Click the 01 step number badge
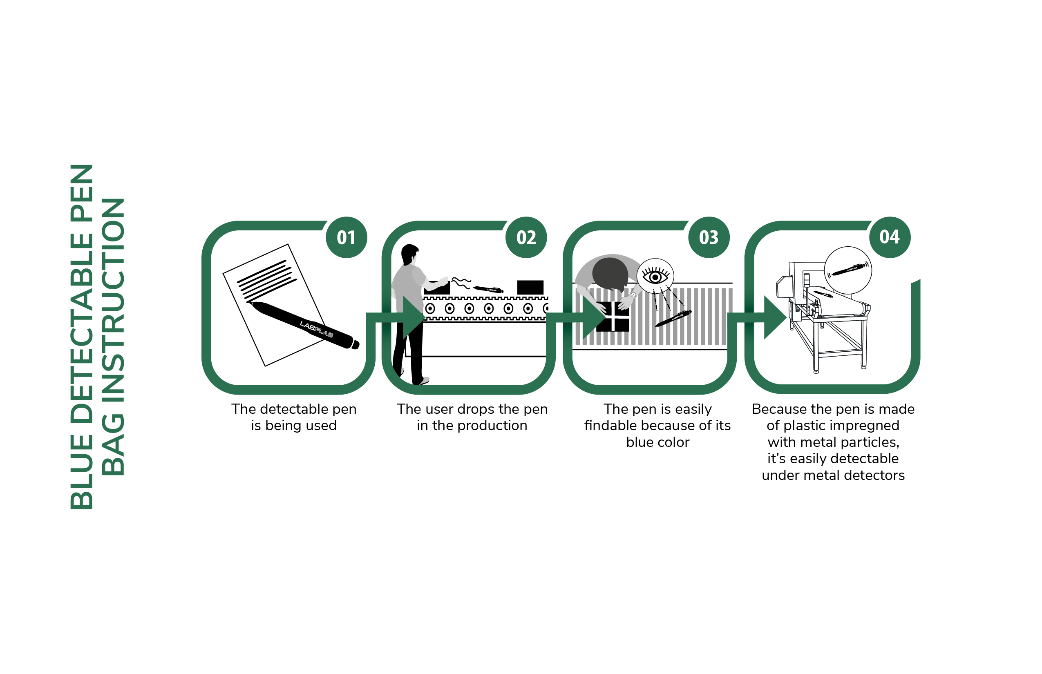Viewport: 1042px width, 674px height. (347, 237)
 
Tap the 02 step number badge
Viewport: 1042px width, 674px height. (526, 237)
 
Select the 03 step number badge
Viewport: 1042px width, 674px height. (709, 237)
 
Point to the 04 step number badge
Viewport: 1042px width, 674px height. (890, 237)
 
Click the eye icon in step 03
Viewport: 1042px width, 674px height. (655, 277)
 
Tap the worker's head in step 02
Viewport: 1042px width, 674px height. (410, 254)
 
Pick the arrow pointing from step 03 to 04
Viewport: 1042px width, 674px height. (758, 318)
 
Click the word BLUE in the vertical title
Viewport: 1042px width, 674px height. (81, 472)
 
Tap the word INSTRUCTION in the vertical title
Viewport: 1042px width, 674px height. (113, 300)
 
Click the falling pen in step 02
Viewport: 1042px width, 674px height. (489, 289)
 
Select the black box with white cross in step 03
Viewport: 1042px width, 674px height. (613, 317)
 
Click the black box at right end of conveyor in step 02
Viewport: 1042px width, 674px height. (530, 288)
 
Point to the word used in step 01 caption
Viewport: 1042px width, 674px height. (321, 425)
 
